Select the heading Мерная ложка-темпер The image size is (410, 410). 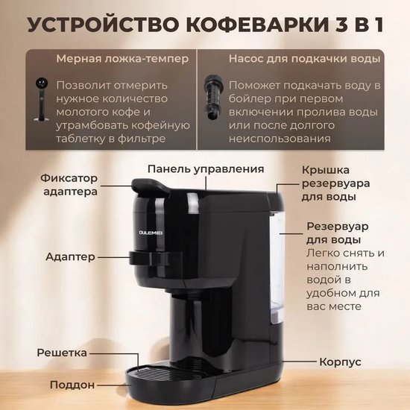click(x=122, y=59)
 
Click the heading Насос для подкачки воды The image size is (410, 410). click(x=304, y=59)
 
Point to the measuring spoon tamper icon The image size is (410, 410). click(x=41, y=99)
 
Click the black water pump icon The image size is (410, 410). click(x=214, y=97)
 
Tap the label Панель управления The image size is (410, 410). click(x=206, y=169)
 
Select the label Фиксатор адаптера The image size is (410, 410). click(x=69, y=185)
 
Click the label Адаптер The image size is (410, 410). click(x=70, y=256)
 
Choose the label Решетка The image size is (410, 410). click(x=62, y=353)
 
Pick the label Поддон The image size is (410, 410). click(x=72, y=385)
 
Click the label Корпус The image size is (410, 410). click(x=340, y=362)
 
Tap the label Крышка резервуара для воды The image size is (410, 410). click(x=335, y=183)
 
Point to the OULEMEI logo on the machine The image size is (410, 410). click(x=151, y=233)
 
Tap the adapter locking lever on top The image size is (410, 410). click(x=149, y=186)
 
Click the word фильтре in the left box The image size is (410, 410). click(x=142, y=139)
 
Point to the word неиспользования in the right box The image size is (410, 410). click(x=280, y=139)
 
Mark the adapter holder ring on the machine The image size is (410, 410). click(x=155, y=258)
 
